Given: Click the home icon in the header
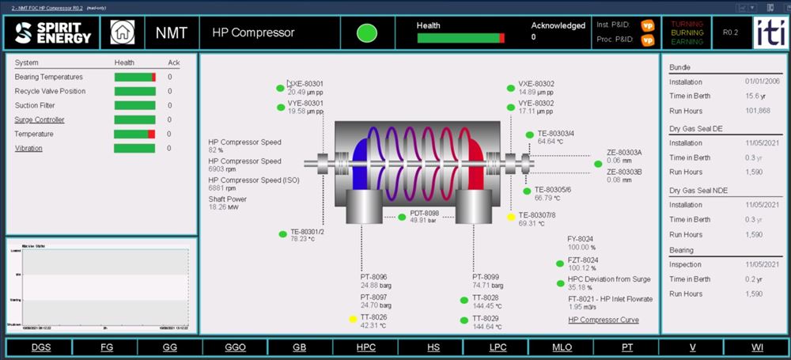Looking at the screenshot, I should pyautogui.click(x=122, y=32).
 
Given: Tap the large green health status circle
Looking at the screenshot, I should pyautogui.click(x=366, y=33).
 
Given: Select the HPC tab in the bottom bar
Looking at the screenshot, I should pyautogui.click(x=365, y=347).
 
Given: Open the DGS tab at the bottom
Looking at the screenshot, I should pyautogui.click(x=40, y=347).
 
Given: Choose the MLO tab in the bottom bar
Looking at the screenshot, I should pyautogui.click(x=562, y=347).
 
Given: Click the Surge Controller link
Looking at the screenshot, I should pyautogui.click(x=40, y=119).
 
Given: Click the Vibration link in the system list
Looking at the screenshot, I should pyautogui.click(x=28, y=148).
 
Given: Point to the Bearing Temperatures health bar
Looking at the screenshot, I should pyautogui.click(x=134, y=77).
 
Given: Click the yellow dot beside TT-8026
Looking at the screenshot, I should pyautogui.click(x=353, y=319).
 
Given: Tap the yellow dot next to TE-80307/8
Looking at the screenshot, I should pyautogui.click(x=511, y=216).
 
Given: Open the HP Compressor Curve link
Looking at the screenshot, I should pyautogui.click(x=604, y=320).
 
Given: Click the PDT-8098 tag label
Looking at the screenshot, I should pyautogui.click(x=424, y=214).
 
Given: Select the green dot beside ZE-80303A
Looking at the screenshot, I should pyautogui.click(x=598, y=164).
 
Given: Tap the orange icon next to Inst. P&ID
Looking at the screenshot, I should pyautogui.click(x=647, y=25).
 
